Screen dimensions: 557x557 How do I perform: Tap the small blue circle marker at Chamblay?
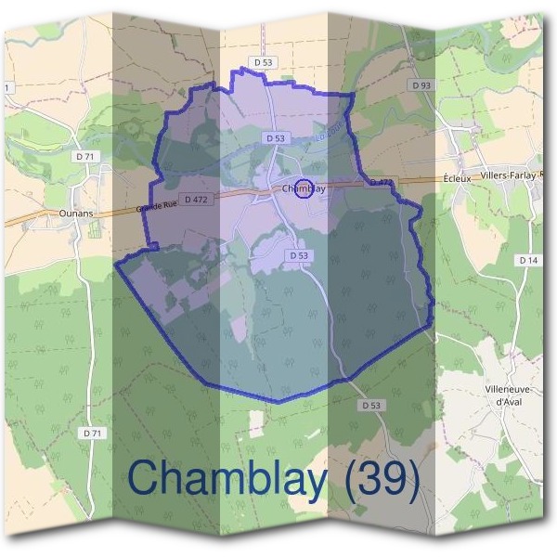point(303,188)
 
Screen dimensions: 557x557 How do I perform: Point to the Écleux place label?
point(459,176)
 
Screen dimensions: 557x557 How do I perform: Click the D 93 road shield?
point(421,85)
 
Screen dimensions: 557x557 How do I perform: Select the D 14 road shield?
point(528,260)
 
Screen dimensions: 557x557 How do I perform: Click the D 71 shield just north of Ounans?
point(84,157)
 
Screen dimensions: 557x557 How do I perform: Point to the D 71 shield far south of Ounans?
point(91,433)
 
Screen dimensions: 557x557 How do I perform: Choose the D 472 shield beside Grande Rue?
point(195,199)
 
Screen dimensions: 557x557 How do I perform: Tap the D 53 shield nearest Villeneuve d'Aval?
point(370,406)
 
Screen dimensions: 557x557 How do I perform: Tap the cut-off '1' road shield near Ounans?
point(7,87)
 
